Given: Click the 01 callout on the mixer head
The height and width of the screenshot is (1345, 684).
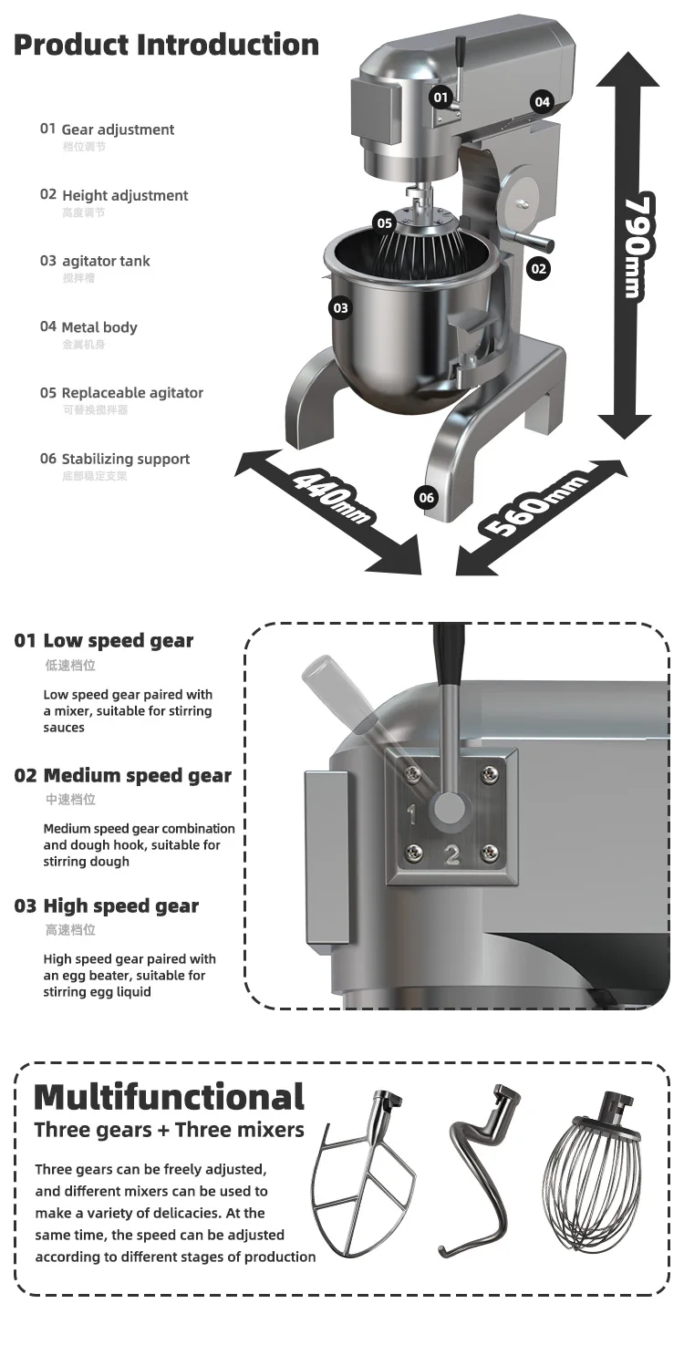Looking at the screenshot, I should click(441, 97).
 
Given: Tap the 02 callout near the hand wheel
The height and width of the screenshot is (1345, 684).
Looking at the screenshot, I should click(538, 268).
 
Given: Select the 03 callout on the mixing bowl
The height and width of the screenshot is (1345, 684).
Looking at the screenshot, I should click(340, 308).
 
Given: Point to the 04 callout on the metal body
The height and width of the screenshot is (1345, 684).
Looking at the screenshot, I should click(543, 101).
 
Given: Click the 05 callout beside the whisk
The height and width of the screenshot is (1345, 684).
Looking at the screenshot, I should click(384, 223).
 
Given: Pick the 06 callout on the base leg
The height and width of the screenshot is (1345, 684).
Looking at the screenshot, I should click(426, 497).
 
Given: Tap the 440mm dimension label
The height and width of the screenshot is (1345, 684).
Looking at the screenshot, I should click(333, 497).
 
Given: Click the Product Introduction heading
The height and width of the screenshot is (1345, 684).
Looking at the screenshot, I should click(166, 44).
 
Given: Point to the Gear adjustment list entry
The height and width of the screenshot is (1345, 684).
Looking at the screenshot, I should click(117, 129).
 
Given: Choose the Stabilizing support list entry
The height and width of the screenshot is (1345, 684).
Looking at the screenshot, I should click(125, 459).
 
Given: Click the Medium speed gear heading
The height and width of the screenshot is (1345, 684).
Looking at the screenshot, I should click(137, 776).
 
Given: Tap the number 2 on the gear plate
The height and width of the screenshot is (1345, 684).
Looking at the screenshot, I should click(451, 855).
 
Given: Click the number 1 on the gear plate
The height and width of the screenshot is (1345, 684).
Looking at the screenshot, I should click(411, 812).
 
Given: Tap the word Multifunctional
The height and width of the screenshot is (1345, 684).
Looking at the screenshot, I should click(169, 1097).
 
